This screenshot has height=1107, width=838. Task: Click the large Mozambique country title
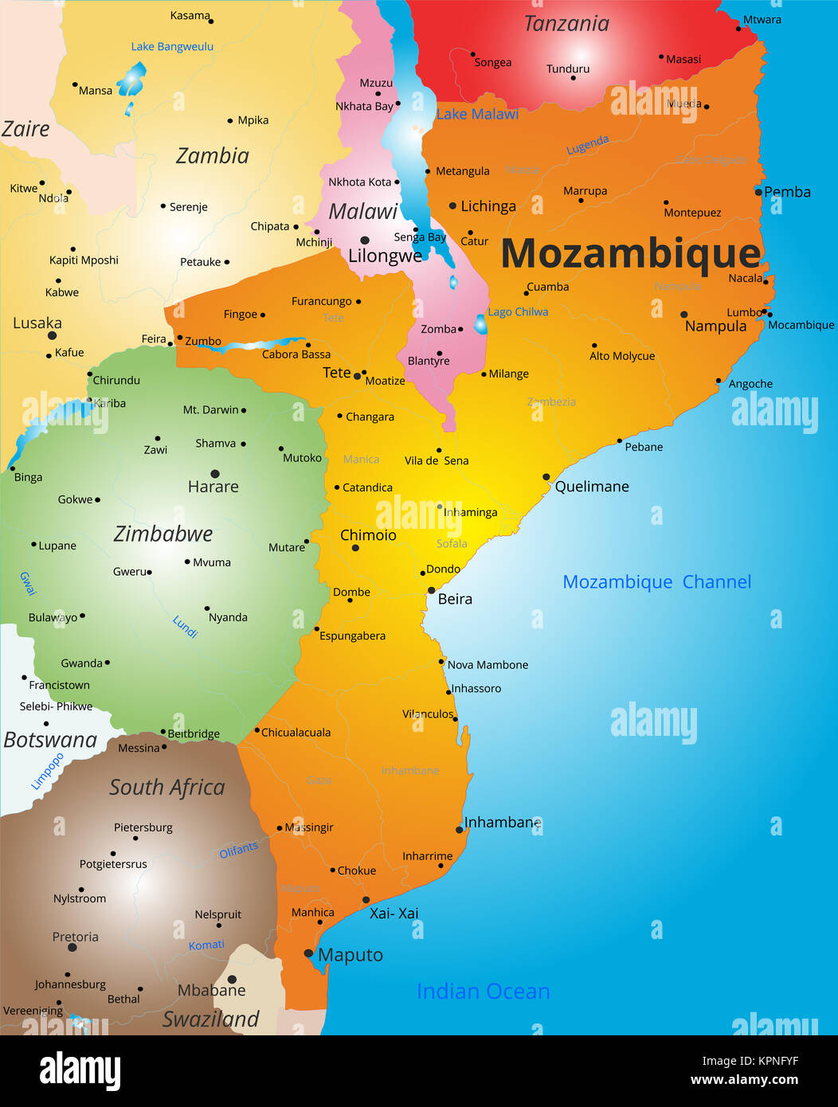tap(631, 254)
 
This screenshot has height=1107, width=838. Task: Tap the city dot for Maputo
tap(309, 953)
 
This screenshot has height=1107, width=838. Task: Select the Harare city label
tap(213, 487)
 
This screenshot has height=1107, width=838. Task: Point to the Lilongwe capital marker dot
tap(365, 240)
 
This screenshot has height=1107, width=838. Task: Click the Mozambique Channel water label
tap(656, 582)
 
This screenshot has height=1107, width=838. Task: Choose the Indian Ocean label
tap(483, 992)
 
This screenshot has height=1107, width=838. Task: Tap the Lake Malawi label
tap(477, 114)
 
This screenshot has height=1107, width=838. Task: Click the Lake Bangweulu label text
tap(172, 46)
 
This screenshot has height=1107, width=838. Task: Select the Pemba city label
tap(787, 192)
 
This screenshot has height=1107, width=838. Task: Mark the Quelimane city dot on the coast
tap(546, 477)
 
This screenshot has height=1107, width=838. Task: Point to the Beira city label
tap(455, 599)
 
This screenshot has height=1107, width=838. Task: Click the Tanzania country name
tap(566, 24)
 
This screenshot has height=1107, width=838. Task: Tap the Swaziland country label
tap(211, 1019)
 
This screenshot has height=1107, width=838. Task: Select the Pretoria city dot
tap(72, 948)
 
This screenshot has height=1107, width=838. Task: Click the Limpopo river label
tap(46, 771)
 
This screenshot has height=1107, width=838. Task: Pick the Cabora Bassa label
tap(296, 354)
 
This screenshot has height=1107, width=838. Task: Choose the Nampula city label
tap(715, 327)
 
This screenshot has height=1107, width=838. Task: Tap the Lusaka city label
tap(37, 323)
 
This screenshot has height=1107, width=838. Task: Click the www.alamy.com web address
tap(744, 1080)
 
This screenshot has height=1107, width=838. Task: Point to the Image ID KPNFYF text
tap(750, 1061)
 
